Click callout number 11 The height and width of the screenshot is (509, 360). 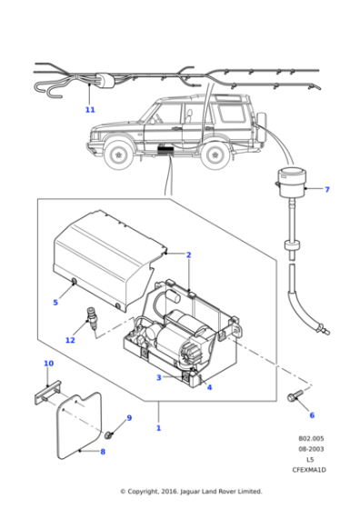coord(89,110)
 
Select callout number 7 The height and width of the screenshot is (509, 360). coord(327,190)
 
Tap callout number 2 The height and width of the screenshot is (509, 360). coord(188,254)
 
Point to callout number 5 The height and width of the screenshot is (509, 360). coord(55,303)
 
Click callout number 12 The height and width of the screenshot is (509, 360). coord(70,340)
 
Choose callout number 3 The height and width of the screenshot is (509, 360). coord(158,377)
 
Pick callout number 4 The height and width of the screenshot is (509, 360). coord(209,387)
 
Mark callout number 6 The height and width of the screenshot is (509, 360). coord(311,415)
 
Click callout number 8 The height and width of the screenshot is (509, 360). coord(103,451)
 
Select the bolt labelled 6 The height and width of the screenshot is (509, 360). coord(295,396)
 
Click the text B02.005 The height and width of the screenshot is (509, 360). coord(310,438)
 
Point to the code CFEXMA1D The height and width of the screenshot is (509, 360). coord(310,469)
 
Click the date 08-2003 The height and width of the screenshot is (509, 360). coord(310,448)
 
